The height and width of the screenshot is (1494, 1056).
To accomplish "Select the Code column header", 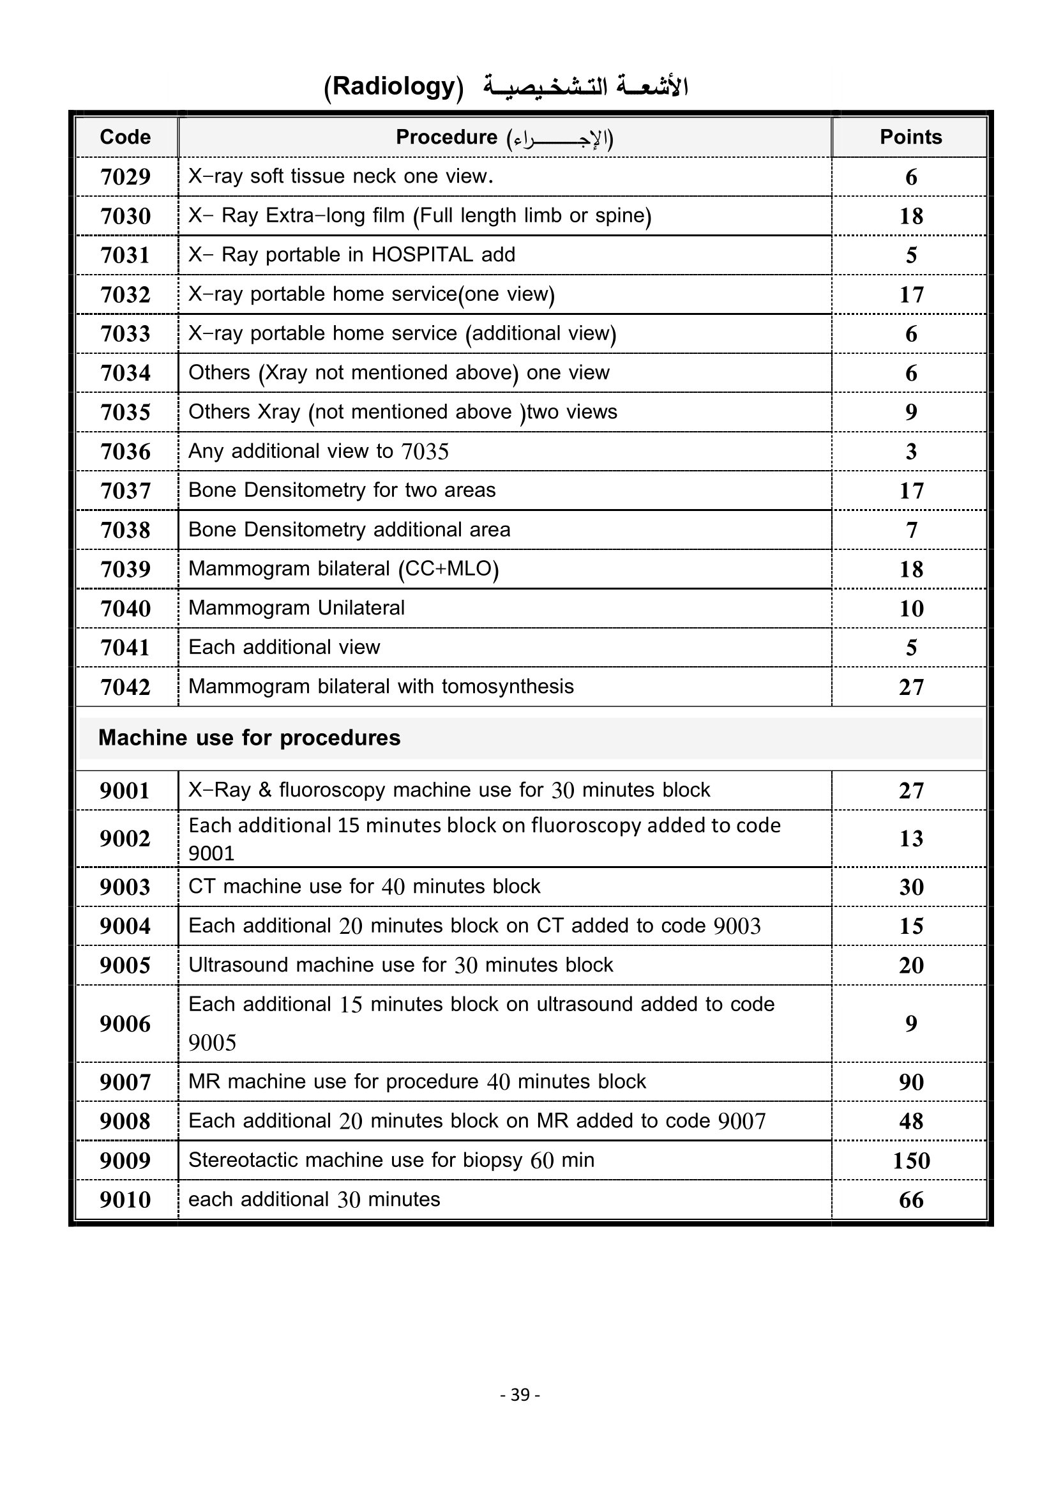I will click(125, 137).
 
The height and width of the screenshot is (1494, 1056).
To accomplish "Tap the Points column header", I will click(910, 137).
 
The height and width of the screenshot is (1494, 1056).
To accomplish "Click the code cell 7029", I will click(125, 177).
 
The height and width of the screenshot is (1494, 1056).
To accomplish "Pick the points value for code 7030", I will click(911, 216).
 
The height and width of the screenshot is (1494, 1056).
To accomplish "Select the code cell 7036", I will click(125, 452).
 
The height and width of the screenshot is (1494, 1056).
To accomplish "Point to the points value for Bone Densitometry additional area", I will click(911, 530).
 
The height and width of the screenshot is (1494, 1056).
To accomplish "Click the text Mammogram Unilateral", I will click(296, 607).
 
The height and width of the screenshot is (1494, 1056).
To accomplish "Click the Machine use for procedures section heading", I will click(249, 738).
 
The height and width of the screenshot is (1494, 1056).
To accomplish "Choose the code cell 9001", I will click(125, 791).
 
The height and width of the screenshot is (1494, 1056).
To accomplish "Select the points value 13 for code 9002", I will click(911, 839).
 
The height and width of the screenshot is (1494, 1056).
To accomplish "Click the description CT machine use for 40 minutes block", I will click(364, 887).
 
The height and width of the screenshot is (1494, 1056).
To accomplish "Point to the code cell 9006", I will click(125, 1023).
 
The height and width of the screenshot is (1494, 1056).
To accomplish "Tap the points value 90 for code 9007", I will click(911, 1082).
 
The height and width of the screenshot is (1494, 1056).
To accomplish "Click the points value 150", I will click(911, 1161).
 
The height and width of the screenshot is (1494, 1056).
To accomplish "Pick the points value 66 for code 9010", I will click(911, 1200).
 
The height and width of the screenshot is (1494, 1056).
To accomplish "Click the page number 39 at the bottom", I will click(520, 1394).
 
